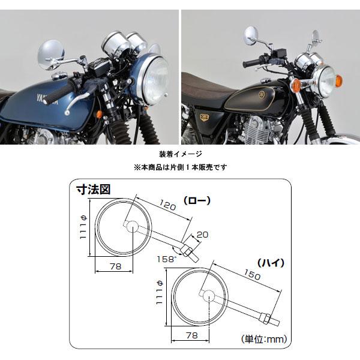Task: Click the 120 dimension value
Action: coord(168,205)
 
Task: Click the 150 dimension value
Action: coord(252,274)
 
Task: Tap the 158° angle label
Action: coord(167,259)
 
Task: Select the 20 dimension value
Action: coord(203,235)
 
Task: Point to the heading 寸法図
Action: coord(94,190)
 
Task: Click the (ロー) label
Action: coord(197,200)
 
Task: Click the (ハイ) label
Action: coord(271,263)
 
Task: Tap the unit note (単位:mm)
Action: coord(264,339)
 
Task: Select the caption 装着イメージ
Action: coord(181,154)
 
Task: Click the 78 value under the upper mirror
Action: coord(115,266)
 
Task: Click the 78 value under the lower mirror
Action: coord(192,335)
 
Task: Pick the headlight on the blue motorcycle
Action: coord(154,79)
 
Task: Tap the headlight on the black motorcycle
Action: coord(324,82)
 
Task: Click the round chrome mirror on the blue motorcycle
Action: coord(51,55)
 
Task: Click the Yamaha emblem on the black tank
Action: coord(262,95)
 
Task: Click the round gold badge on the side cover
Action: coord(203,118)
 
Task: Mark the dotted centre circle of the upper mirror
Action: coord(132,226)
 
